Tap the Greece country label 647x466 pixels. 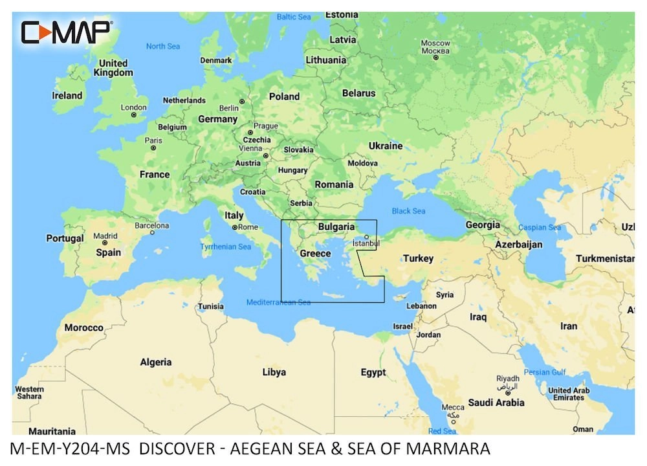point(315,254)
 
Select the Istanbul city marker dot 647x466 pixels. point(366,237)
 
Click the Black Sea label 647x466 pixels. point(408,211)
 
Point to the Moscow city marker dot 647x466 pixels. point(435,58)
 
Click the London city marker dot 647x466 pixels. point(133,115)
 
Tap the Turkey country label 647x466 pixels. point(418,258)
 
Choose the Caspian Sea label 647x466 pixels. point(540,228)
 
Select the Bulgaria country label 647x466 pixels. point(336,227)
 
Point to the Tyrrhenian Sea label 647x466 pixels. point(225,247)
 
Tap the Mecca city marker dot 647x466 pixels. point(452,415)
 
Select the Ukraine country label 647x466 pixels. point(385,146)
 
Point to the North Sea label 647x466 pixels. point(162,46)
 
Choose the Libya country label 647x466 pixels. point(274,372)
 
